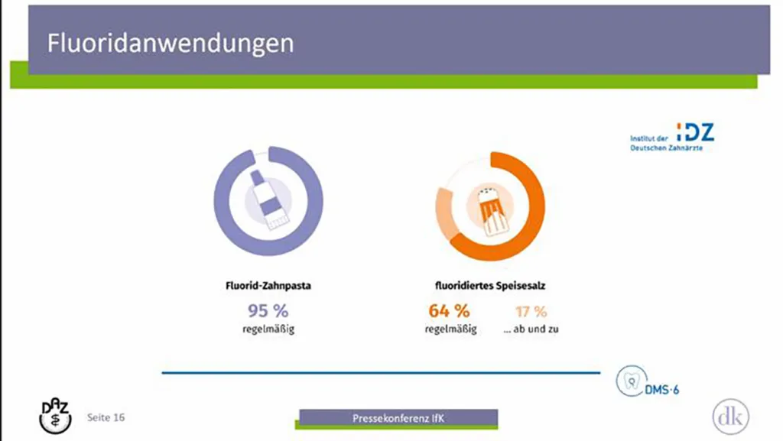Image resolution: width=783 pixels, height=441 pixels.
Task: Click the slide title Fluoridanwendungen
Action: (x=171, y=44)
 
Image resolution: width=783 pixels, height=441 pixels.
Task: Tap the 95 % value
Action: (x=268, y=311)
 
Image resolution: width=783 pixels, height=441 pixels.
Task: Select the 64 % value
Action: (x=449, y=311)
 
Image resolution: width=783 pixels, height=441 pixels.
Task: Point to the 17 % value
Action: (x=531, y=312)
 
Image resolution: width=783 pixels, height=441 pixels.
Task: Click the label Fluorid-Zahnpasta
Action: (x=268, y=286)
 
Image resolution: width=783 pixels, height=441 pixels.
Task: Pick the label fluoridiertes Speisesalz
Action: (x=490, y=286)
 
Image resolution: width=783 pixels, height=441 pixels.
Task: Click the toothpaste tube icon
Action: (x=268, y=200)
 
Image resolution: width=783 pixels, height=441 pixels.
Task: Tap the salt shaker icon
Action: (x=490, y=210)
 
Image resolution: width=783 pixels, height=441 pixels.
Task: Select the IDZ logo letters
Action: (x=695, y=132)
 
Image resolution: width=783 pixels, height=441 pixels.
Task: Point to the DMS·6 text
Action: (x=662, y=390)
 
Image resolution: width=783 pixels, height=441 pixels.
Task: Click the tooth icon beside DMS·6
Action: (x=631, y=381)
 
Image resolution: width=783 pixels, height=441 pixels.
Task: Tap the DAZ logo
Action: (x=55, y=416)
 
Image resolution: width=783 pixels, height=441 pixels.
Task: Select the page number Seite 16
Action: (x=106, y=417)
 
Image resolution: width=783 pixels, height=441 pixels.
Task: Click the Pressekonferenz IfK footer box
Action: (x=398, y=418)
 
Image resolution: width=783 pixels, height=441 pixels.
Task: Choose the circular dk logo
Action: (x=730, y=417)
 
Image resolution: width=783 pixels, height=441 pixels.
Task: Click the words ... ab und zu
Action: (x=531, y=329)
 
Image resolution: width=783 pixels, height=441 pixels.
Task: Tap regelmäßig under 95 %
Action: (x=268, y=329)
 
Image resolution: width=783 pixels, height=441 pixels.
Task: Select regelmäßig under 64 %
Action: (x=450, y=329)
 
